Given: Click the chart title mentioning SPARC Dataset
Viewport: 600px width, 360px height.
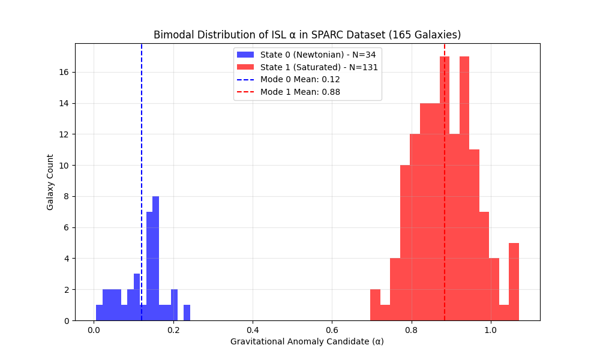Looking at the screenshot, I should point(307,35).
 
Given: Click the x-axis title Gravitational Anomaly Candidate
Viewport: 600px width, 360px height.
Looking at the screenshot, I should point(307,341).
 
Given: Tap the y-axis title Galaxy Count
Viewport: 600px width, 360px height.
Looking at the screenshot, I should point(50,182).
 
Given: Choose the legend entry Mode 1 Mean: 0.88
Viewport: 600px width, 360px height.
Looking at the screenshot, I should point(300,92).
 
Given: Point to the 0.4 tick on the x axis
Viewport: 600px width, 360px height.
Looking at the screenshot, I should point(253,329).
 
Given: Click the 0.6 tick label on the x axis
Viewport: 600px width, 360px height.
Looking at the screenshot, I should point(332,329).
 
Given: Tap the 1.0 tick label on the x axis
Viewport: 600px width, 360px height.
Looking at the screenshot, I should point(491,329).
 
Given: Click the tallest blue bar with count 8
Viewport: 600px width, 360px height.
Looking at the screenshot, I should point(155,258).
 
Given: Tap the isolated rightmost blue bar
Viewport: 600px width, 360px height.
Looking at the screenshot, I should point(187,313).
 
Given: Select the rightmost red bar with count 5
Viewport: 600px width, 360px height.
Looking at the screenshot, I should point(514,282).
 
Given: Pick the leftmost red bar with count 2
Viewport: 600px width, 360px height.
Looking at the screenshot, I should point(375,305).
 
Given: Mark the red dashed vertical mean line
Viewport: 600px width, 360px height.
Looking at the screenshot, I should point(445,180).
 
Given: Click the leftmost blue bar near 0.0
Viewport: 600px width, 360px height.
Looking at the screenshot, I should point(99,313).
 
